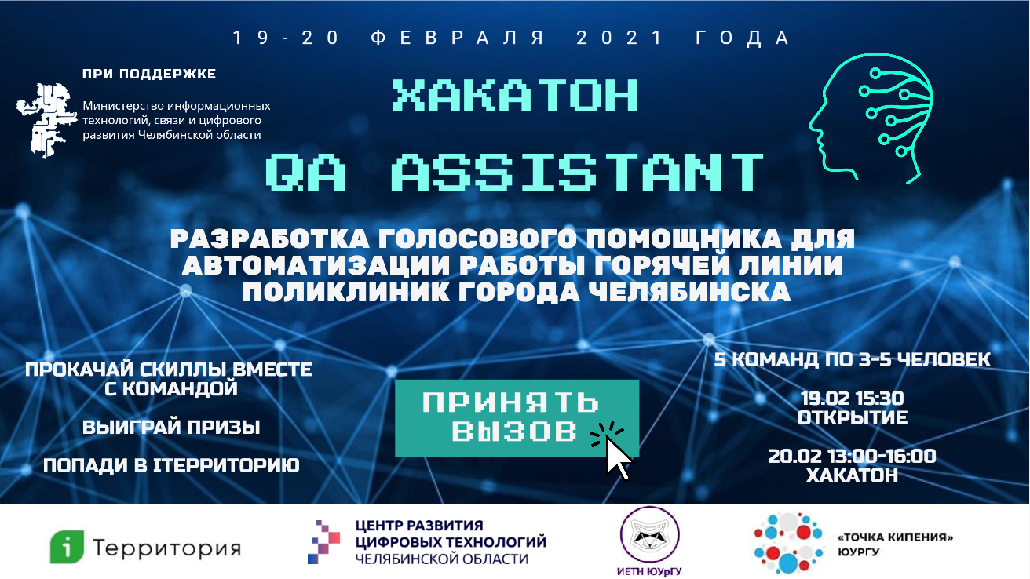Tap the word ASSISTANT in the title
pos(578,173)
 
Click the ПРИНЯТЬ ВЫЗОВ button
pos(517,418)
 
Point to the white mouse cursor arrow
pos(620,457)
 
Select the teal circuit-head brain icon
pos(871,118)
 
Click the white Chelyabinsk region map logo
pos(46,120)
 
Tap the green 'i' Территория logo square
pos(68,546)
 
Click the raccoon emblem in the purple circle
pos(649,534)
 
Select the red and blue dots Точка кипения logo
pos(788,542)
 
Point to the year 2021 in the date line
pos(620,38)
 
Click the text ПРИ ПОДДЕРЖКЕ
pos(149,74)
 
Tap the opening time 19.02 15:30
pos(852,399)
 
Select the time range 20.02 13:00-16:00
pos(852,456)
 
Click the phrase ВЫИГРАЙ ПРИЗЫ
pos(171,428)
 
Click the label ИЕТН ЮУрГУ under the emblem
pos(649,571)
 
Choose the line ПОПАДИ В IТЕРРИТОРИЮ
pos(171,465)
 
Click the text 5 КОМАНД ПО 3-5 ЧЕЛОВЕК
pos(852,359)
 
